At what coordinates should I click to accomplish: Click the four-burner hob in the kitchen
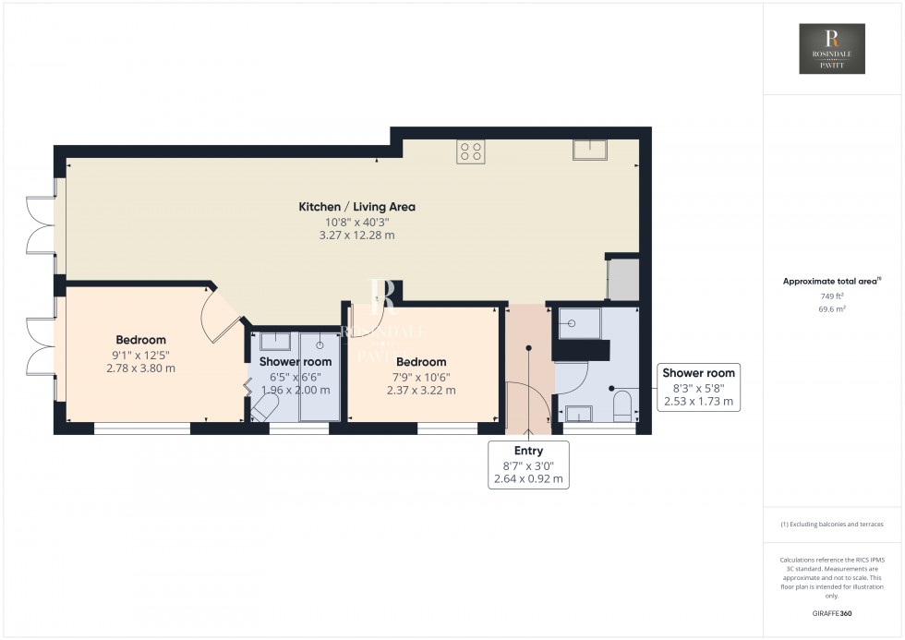(x=470, y=151)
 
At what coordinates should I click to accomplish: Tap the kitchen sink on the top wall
(x=588, y=151)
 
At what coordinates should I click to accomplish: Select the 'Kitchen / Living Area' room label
(x=356, y=207)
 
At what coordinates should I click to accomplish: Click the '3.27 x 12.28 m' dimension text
(x=356, y=235)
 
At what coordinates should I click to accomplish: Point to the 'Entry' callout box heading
(x=528, y=450)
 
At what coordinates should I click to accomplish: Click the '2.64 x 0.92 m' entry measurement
(x=528, y=479)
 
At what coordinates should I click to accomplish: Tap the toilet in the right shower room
(x=622, y=404)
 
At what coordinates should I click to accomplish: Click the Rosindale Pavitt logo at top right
(x=832, y=49)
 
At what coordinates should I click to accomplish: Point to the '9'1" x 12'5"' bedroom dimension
(x=141, y=354)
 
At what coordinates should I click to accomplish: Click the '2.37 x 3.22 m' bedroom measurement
(x=420, y=391)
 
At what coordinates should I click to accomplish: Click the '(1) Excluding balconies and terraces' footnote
(x=832, y=525)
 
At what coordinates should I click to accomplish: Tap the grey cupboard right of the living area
(x=622, y=280)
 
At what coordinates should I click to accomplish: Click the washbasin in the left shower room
(x=275, y=341)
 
